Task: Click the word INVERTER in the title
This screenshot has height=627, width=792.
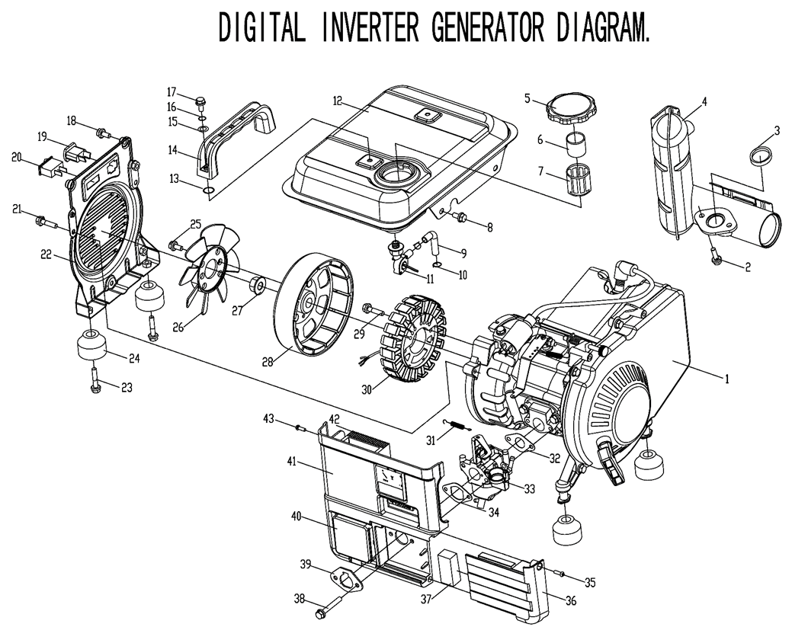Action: (369, 29)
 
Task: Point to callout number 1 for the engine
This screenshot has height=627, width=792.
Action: (726, 377)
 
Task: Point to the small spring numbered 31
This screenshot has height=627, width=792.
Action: (457, 428)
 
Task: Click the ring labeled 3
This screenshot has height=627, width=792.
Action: (759, 157)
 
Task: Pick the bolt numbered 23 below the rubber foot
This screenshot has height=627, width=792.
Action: (95, 388)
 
